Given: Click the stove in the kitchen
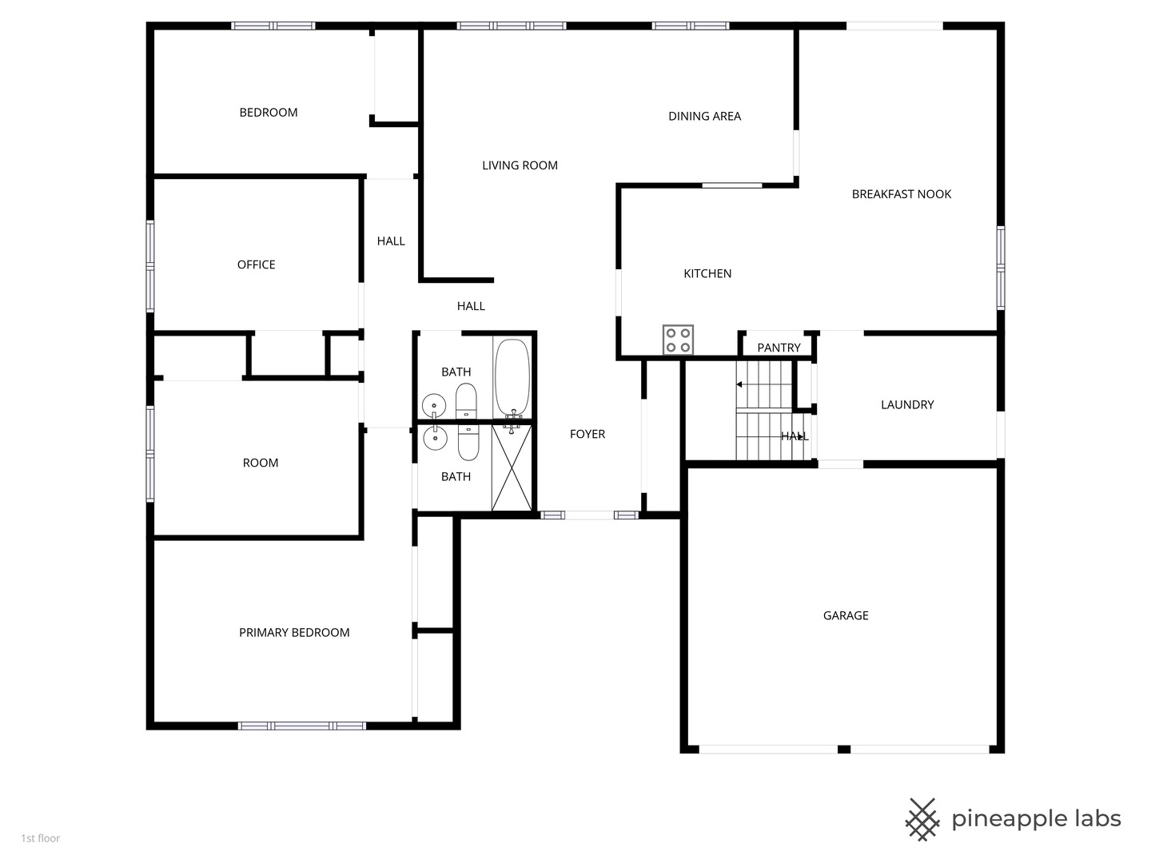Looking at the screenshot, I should (x=678, y=340).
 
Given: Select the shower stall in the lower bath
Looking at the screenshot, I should (x=512, y=468).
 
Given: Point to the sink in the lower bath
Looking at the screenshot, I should (x=435, y=439).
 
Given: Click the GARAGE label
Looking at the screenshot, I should (x=846, y=615).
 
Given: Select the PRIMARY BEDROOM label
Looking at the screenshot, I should (x=294, y=633).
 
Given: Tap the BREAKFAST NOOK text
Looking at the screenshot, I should (x=901, y=194).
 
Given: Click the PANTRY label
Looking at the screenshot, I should (x=779, y=348).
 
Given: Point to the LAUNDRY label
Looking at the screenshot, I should (x=907, y=404).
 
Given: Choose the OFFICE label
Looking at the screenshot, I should (x=256, y=264).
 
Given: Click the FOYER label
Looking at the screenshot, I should (x=587, y=434).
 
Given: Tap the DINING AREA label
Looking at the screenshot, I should (x=704, y=116).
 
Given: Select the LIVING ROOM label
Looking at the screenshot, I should (x=520, y=165).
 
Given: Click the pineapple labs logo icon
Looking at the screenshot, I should (x=922, y=819).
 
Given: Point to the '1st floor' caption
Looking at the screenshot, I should (x=41, y=838).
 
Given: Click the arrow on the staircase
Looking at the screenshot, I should (x=740, y=384).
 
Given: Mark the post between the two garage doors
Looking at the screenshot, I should (x=843, y=750).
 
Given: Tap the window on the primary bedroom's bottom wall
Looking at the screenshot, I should (x=301, y=726).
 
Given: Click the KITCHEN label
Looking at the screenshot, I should (x=707, y=273).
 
